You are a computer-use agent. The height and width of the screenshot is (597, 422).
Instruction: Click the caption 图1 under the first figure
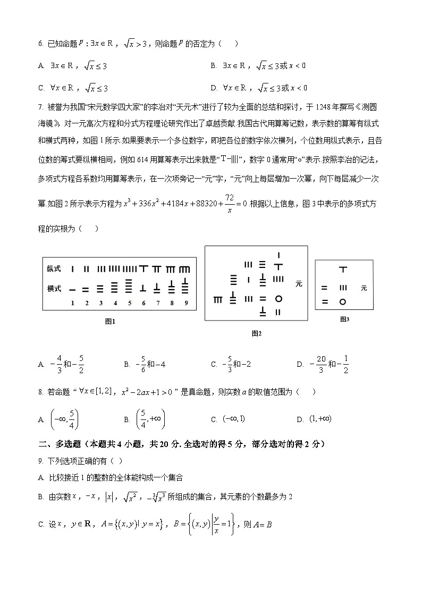pos(110,321)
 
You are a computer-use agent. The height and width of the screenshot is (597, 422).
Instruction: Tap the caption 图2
pos(257,333)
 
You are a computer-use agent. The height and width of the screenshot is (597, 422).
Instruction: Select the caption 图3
pos(344,319)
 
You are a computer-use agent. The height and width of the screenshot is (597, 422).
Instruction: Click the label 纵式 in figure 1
pos(54,269)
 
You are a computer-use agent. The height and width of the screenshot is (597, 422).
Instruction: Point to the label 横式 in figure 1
pos(54,289)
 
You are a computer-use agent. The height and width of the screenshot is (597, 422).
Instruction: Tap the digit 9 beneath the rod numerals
pos(185,303)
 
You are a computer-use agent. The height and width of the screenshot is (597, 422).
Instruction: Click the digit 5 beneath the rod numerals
pos(129,303)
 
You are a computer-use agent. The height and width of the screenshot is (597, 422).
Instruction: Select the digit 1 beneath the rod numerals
pos(72,303)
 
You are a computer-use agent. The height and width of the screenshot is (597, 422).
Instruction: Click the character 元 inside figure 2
pos(299,284)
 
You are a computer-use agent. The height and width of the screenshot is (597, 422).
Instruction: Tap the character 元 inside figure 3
pos(364,288)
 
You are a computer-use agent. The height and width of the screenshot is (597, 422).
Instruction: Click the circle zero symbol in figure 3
pos(343,302)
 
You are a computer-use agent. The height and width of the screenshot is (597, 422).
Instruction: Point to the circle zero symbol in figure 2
pos(278,299)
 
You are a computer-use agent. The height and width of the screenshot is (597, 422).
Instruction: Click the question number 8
pos(40,392)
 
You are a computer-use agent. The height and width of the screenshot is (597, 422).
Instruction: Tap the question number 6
pos(40,44)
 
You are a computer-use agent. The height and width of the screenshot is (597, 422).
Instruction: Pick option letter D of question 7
pos(300,365)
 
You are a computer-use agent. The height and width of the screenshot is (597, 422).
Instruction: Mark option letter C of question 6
pos(41,88)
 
